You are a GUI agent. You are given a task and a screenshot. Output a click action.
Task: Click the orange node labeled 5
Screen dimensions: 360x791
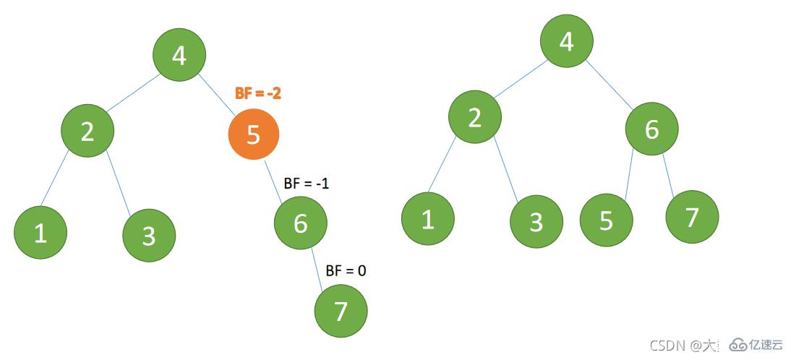tap(253, 134)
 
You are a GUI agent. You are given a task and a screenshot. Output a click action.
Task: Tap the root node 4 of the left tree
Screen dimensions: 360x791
tap(179, 55)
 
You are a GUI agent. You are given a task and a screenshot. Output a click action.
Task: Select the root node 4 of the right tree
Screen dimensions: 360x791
tap(567, 42)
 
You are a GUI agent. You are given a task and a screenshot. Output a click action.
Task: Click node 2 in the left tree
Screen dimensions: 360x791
tap(87, 131)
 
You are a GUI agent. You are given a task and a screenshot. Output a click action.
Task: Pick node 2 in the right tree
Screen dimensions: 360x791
tap(474, 116)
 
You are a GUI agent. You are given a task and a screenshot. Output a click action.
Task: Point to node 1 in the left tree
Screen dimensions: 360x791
tap(40, 232)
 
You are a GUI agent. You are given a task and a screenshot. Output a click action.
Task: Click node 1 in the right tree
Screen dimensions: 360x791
tap(427, 218)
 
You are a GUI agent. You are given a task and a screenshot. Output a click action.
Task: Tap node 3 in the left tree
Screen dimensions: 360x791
tap(149, 235)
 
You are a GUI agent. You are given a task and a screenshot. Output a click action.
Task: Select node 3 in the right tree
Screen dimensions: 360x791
tap(536, 221)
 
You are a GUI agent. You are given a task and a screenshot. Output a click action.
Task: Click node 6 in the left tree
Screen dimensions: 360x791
tap(301, 223)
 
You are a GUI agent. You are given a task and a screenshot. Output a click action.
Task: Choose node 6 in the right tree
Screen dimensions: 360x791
tap(652, 129)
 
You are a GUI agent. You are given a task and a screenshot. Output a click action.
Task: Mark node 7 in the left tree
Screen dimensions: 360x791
tap(341, 311)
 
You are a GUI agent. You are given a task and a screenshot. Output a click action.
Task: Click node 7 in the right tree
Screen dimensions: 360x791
tap(692, 216)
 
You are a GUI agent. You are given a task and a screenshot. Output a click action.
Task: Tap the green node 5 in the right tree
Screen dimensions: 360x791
tap(606, 220)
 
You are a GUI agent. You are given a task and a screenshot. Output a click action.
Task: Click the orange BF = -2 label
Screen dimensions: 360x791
tap(257, 93)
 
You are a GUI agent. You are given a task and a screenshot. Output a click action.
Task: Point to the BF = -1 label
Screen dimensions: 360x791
tap(307, 184)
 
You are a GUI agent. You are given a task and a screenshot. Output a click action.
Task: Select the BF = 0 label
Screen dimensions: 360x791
tap(346, 271)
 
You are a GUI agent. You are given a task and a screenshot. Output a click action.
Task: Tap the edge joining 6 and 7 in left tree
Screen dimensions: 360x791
tap(320, 267)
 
